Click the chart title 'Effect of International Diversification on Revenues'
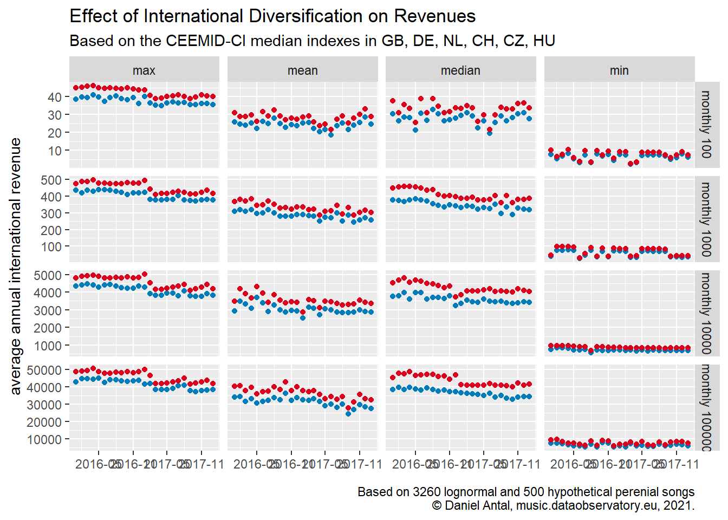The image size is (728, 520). pos(272,16)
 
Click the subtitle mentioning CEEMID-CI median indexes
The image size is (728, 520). pos(312,41)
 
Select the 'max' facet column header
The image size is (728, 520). pos(144,70)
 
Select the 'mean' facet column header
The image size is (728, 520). pos(302,70)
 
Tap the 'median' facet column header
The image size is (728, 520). pos(460,70)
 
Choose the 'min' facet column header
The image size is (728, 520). pos(619,70)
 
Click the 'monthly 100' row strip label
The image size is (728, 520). pos(706,125)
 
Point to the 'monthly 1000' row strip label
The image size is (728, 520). pos(706,219)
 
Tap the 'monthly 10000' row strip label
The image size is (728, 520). pos(706,313)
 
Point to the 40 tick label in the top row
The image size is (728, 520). pos(55,97)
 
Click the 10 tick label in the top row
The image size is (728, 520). pos(55,151)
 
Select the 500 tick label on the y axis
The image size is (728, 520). pos(51,180)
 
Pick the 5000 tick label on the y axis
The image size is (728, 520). pos(48,276)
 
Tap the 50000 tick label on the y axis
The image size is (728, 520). pos(44,370)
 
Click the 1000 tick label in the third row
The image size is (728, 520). pos(48,346)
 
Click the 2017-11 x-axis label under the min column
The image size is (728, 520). pos(677,464)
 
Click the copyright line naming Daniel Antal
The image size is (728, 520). pos(563,505)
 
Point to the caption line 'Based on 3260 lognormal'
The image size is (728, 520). pos(525,492)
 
